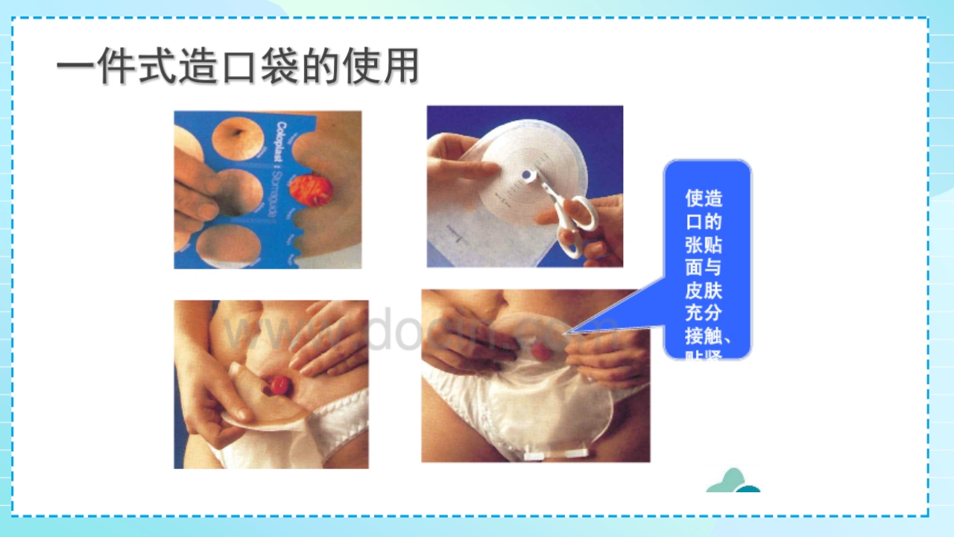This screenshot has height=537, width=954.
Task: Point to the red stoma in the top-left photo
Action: click(312, 190)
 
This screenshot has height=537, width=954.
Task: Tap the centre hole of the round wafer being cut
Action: click(528, 175)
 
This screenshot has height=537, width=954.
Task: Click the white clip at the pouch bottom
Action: click(555, 454)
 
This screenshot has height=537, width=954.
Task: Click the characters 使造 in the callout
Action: click(704, 198)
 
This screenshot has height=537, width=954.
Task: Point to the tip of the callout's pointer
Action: click(569, 332)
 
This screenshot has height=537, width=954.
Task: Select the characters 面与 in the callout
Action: click(704, 267)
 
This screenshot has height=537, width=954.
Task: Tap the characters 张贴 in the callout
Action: click(704, 245)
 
